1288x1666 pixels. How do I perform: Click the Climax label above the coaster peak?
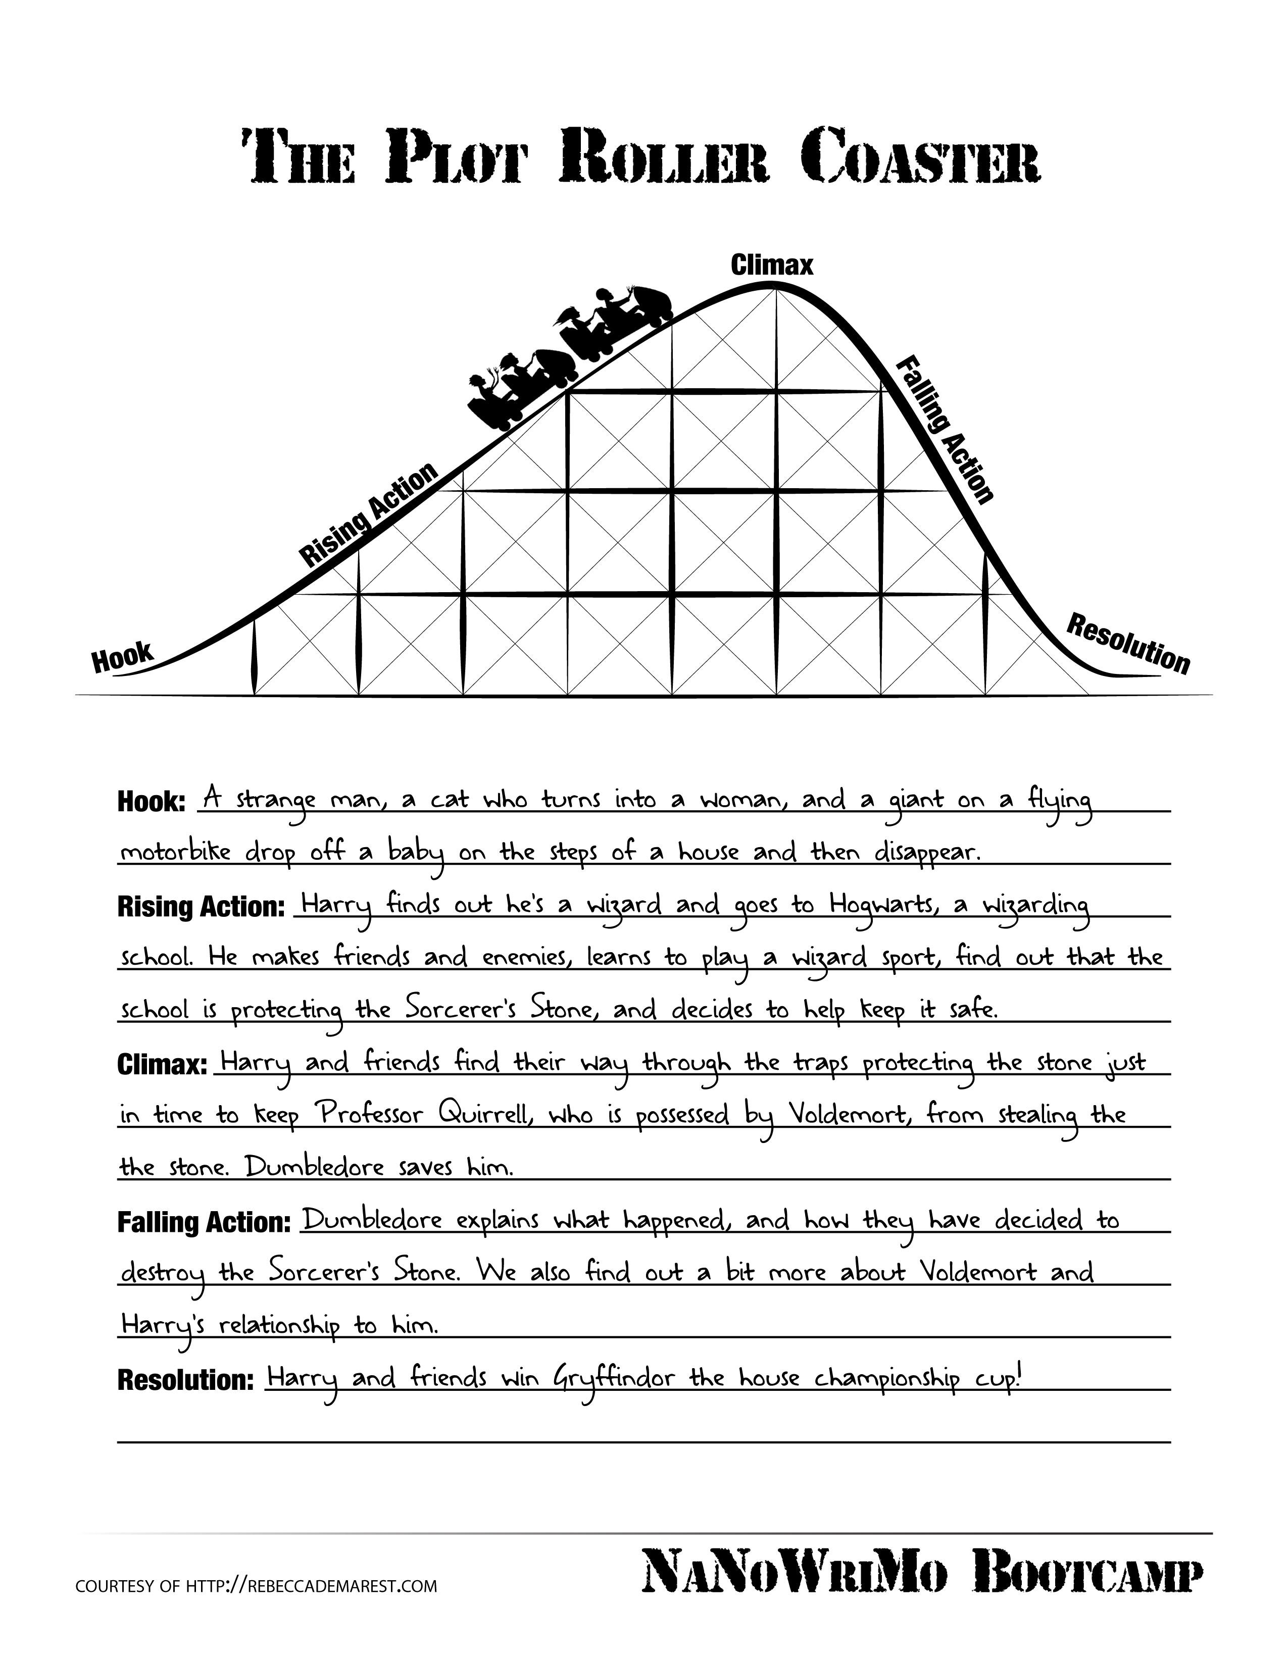(771, 266)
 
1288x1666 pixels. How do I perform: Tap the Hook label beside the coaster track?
(122, 657)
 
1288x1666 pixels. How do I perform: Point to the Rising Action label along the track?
(369, 515)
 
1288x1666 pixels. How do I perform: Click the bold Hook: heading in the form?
(151, 803)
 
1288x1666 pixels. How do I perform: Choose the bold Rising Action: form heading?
(201, 907)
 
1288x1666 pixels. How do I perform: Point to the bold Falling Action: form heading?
(204, 1222)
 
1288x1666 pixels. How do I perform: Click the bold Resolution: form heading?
(185, 1379)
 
